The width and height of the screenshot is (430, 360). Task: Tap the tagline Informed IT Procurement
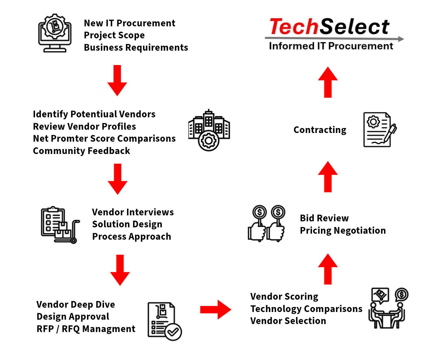[331, 46]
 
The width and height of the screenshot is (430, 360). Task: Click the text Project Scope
[114, 35]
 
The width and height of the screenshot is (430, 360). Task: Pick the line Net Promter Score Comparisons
[104, 139]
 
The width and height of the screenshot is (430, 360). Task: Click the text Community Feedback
[81, 151]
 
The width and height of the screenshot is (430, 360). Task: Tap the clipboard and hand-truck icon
[60, 225]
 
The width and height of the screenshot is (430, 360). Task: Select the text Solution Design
[127, 224]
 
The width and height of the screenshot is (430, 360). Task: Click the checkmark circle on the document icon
[173, 332]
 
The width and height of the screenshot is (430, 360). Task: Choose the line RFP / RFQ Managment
[86, 329]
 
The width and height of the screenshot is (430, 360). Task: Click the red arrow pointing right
[215, 310]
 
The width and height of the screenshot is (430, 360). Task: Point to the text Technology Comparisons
[306, 309]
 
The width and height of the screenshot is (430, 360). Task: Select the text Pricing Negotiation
[343, 231]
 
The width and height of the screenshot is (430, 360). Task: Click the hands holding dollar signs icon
[267, 223]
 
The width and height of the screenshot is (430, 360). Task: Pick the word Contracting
[320, 130]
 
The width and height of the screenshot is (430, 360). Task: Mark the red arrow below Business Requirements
[117, 80]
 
